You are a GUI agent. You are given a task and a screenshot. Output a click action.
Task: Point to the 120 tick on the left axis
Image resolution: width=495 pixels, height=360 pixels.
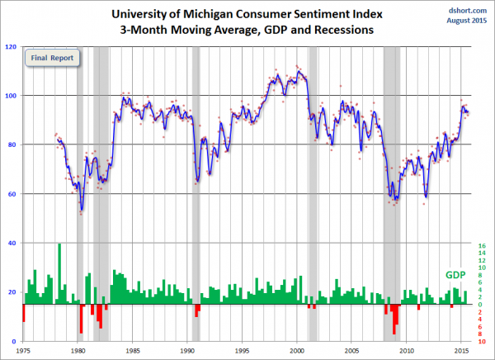point(13,46)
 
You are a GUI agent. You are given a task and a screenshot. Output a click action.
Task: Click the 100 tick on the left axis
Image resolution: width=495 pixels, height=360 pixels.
point(13,96)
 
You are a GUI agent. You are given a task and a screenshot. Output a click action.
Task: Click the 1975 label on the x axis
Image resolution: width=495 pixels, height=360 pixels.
point(23,350)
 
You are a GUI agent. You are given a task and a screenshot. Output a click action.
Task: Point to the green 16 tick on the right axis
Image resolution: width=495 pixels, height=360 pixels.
point(481,245)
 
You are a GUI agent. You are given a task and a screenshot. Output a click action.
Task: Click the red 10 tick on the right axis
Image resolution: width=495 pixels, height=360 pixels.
point(481,340)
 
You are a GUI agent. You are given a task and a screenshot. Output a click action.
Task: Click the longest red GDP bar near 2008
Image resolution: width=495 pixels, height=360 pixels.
point(394,319)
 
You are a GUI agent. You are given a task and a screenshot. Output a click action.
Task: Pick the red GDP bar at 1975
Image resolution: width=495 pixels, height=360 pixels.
point(24,313)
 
